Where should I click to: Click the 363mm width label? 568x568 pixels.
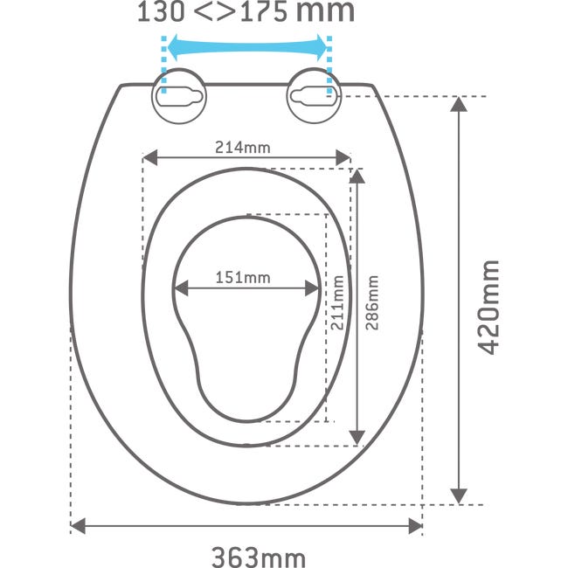point(259,558)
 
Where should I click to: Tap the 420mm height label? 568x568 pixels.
point(488,308)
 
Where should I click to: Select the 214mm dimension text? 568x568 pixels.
point(243,148)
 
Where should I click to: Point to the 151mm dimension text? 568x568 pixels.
point(243,278)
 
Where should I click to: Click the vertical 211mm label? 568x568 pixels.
point(337,303)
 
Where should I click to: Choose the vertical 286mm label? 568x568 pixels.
point(372,303)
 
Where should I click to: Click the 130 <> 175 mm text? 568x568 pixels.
point(246,11)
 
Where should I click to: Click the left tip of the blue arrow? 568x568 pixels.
point(168,47)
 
